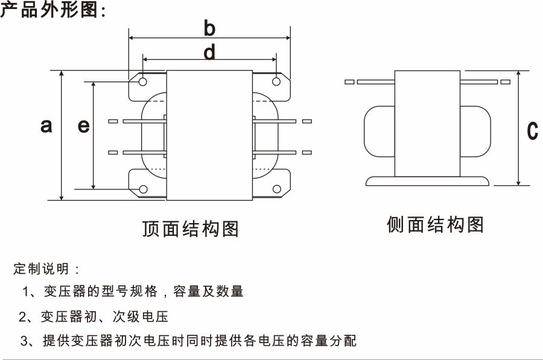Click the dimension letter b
point(209,28)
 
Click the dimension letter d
point(209,53)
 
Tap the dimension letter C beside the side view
point(532,130)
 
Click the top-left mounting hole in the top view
point(143,81)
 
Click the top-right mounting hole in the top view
point(276,81)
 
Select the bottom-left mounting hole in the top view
point(143,190)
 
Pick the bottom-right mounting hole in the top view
point(276,190)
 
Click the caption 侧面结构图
point(435,225)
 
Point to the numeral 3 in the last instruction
point(24,341)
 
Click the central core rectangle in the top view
point(209,136)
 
